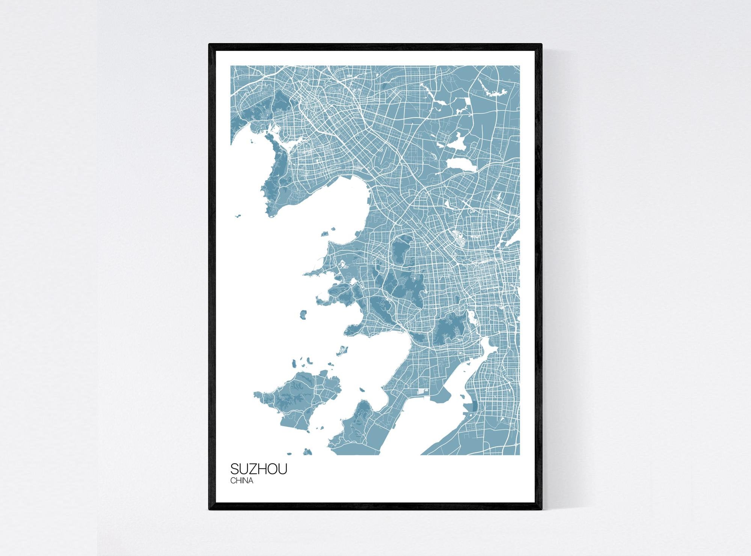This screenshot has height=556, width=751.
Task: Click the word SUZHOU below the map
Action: coord(259,469)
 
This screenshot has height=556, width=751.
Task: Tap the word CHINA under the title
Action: coord(241,481)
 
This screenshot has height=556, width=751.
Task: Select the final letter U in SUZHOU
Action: coord(282,469)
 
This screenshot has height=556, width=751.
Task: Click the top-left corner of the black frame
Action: coord(209,44)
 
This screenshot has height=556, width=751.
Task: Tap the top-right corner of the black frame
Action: coord(541,44)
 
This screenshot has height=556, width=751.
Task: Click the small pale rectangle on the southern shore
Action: coord(422,402)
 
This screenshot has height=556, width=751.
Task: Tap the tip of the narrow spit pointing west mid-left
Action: coord(305,274)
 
